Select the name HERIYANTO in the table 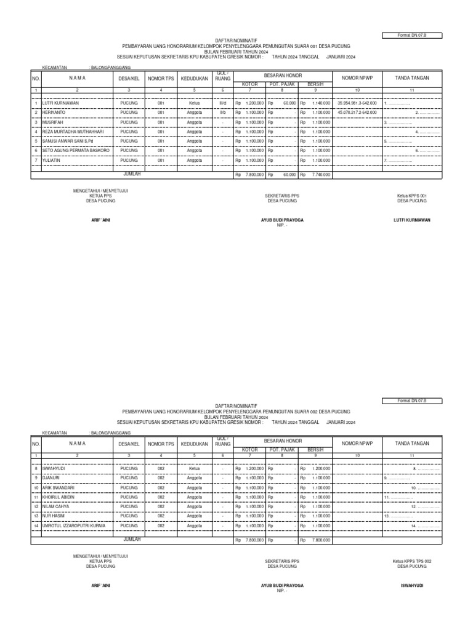54,113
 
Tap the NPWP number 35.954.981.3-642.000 357,103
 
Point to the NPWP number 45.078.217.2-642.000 357,113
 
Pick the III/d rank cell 222,103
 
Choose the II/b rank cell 222,113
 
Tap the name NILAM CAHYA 55,506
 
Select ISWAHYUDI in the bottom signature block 412,586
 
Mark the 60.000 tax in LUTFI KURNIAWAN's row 289,103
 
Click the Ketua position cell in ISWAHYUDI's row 195,468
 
